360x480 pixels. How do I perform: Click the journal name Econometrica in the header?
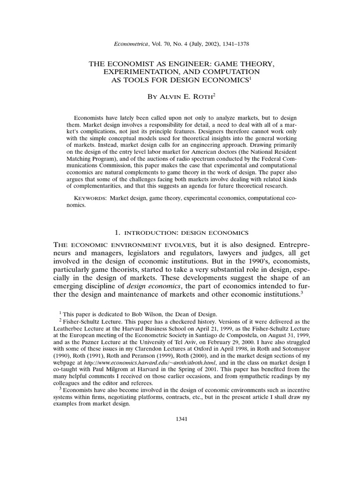(129, 44)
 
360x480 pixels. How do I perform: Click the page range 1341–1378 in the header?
(231, 44)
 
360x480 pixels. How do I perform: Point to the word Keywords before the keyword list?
(90, 199)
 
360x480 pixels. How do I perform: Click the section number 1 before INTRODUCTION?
(117, 232)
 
